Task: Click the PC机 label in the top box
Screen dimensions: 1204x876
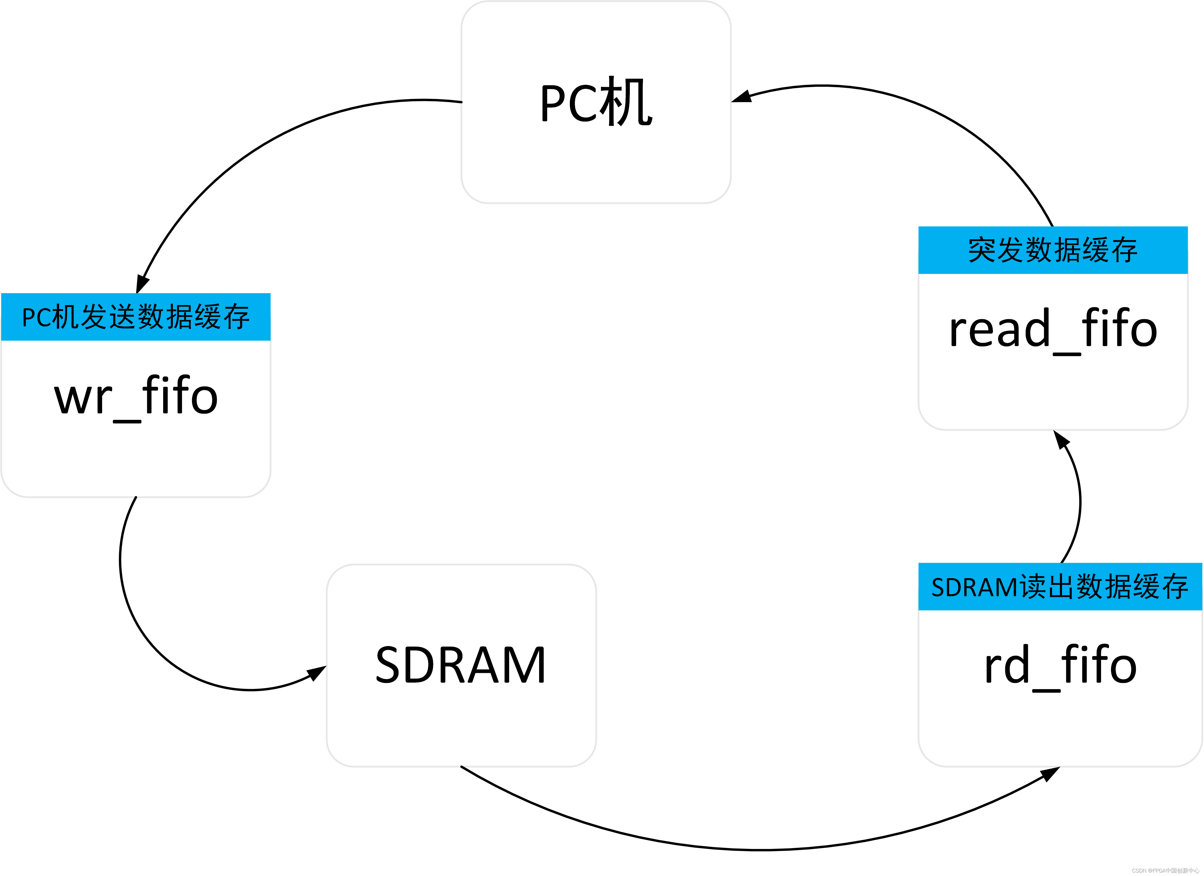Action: coord(596,101)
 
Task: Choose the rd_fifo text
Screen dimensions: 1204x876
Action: coord(1060,666)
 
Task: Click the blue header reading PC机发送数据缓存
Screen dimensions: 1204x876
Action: coord(136,317)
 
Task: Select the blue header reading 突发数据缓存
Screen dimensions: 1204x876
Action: coord(1053,250)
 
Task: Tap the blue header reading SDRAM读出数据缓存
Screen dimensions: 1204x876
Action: coord(1060,587)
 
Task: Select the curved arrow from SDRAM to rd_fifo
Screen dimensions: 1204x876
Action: coord(759,849)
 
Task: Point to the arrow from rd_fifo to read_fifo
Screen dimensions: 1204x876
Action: coord(1080,499)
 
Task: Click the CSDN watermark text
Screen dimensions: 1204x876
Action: coord(1165,871)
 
